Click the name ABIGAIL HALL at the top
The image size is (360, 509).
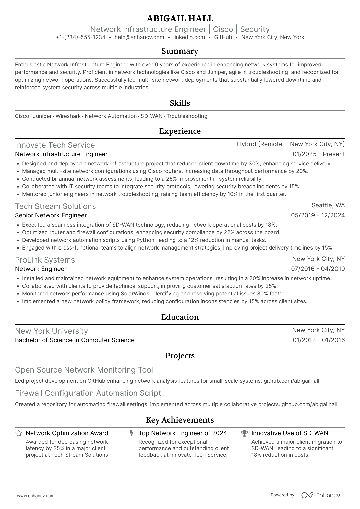pyautogui.click(x=180, y=18)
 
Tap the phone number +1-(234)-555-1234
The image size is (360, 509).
pyautogui.click(x=80, y=37)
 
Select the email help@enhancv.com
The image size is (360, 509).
pyautogui.click(x=139, y=37)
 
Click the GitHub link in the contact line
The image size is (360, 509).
pyautogui.click(x=223, y=37)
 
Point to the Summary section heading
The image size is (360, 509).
pyautogui.click(x=180, y=51)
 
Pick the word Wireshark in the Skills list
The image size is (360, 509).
pyautogui.click(x=68, y=116)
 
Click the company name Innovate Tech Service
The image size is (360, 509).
pyautogui.click(x=55, y=145)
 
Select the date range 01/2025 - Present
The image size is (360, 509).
pyautogui.click(x=319, y=154)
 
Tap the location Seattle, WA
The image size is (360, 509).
pyautogui.click(x=328, y=205)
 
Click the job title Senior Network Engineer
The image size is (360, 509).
pyautogui.click(x=51, y=215)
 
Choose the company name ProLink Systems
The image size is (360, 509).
pyautogui.click(x=45, y=260)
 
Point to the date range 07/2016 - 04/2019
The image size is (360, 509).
pyautogui.click(x=318, y=269)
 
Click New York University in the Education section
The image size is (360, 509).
pyautogui.click(x=51, y=331)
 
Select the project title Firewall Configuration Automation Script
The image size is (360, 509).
pyautogui.click(x=88, y=393)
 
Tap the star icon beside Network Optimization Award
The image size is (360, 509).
pyautogui.click(x=19, y=433)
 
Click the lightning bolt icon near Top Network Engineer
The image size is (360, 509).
pyautogui.click(x=131, y=433)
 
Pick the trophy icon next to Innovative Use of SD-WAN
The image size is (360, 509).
pyautogui.click(x=244, y=433)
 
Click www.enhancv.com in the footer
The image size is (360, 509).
pyautogui.click(x=35, y=496)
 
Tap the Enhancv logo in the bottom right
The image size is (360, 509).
pyautogui.click(x=321, y=495)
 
